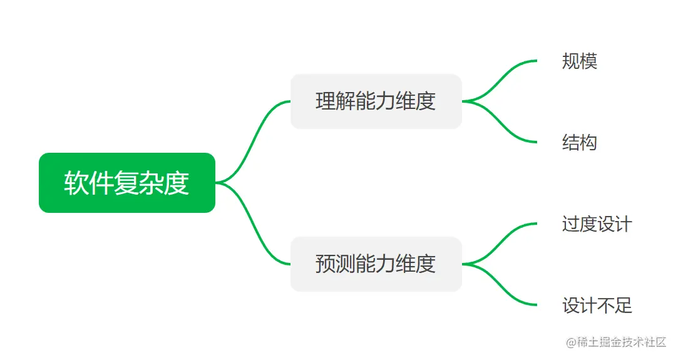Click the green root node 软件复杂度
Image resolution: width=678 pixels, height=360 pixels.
(x=127, y=183)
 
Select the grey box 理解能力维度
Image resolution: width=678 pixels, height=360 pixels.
(x=376, y=101)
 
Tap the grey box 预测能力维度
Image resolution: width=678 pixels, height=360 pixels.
(x=376, y=264)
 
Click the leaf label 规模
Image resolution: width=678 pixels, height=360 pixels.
(x=580, y=61)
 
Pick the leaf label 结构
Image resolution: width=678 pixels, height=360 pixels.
(x=580, y=143)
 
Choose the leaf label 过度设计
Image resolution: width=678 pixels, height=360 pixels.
(x=597, y=224)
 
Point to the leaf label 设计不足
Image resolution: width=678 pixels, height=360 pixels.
(x=597, y=306)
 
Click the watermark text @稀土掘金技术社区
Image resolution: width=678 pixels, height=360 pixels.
(x=616, y=342)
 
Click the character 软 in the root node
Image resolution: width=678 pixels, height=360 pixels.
(x=76, y=183)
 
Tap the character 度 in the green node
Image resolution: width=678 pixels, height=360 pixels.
(x=177, y=183)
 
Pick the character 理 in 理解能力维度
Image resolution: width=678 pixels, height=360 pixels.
(x=326, y=101)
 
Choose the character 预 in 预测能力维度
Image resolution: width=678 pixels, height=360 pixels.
(x=326, y=264)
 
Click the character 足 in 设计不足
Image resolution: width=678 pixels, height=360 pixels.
(x=624, y=306)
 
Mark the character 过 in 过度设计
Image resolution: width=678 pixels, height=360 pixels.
(x=571, y=224)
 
